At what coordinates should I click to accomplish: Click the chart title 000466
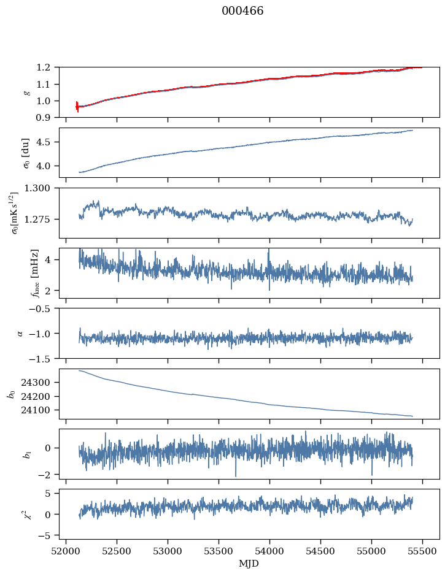tap(242, 11)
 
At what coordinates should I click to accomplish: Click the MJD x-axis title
tap(249, 563)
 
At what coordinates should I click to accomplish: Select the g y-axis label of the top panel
tap(26, 92)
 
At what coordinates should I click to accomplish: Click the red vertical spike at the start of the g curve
tap(77, 106)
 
